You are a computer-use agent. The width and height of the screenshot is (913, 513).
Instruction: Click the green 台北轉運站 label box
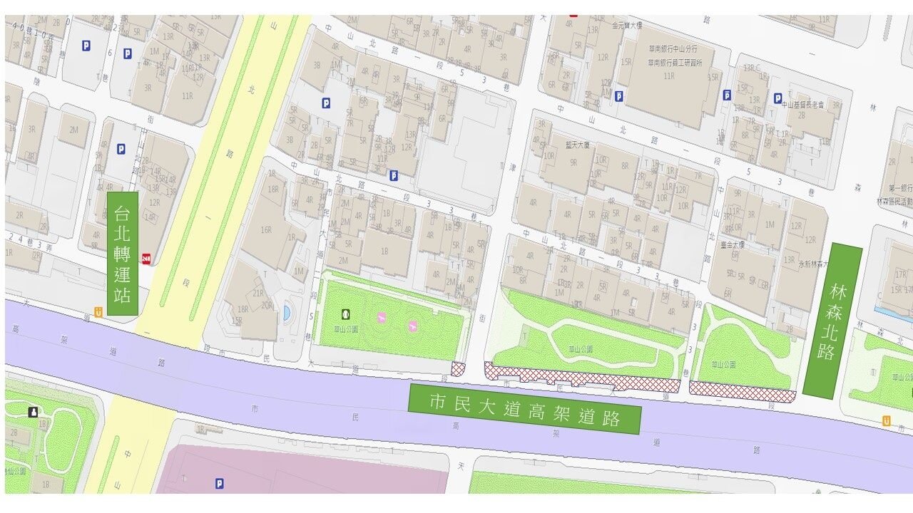(x=122, y=253)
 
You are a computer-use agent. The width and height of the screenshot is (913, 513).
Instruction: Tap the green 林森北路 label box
(x=832, y=321)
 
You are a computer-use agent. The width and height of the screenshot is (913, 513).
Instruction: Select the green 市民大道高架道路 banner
(x=524, y=409)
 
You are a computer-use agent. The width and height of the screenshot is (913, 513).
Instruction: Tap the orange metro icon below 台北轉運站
(x=98, y=311)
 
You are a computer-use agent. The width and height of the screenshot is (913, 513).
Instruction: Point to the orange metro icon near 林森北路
(x=887, y=421)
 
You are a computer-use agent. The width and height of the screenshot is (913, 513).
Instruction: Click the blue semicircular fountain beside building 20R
(x=287, y=313)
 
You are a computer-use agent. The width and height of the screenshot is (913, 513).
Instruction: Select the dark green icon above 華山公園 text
(x=346, y=313)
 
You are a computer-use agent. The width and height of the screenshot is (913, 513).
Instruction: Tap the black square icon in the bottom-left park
(x=32, y=412)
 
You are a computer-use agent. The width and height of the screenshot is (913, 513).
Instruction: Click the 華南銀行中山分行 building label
(x=672, y=49)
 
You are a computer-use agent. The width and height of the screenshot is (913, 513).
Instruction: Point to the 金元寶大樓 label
(x=628, y=26)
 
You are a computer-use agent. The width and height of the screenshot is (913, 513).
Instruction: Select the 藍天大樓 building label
(x=578, y=145)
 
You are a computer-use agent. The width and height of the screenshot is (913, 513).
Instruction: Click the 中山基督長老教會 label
(x=802, y=105)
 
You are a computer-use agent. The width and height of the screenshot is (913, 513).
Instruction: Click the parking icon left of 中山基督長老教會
(x=777, y=98)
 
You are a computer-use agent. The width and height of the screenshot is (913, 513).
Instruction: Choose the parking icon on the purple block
(x=220, y=483)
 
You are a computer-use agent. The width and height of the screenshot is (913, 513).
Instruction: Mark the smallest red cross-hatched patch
(x=458, y=368)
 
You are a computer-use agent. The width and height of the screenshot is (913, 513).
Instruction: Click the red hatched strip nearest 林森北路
(x=742, y=392)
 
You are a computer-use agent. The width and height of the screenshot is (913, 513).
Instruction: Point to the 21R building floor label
(x=257, y=293)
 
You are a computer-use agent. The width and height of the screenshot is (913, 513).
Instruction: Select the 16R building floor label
(x=266, y=230)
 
